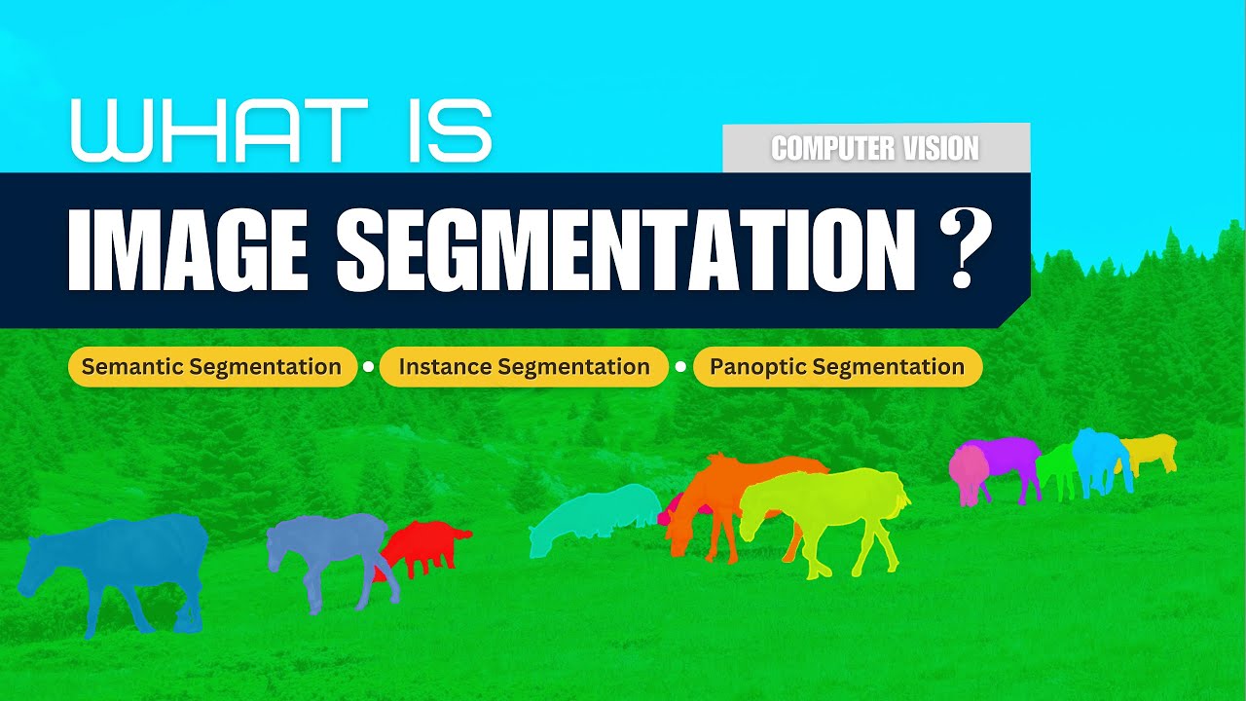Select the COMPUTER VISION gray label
(875, 148)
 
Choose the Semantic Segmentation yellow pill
(211, 367)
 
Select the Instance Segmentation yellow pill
(524, 367)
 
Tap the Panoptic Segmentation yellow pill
(837, 367)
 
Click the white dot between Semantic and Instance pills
(368, 367)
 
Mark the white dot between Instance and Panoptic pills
(680, 367)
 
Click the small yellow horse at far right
(1154, 450)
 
